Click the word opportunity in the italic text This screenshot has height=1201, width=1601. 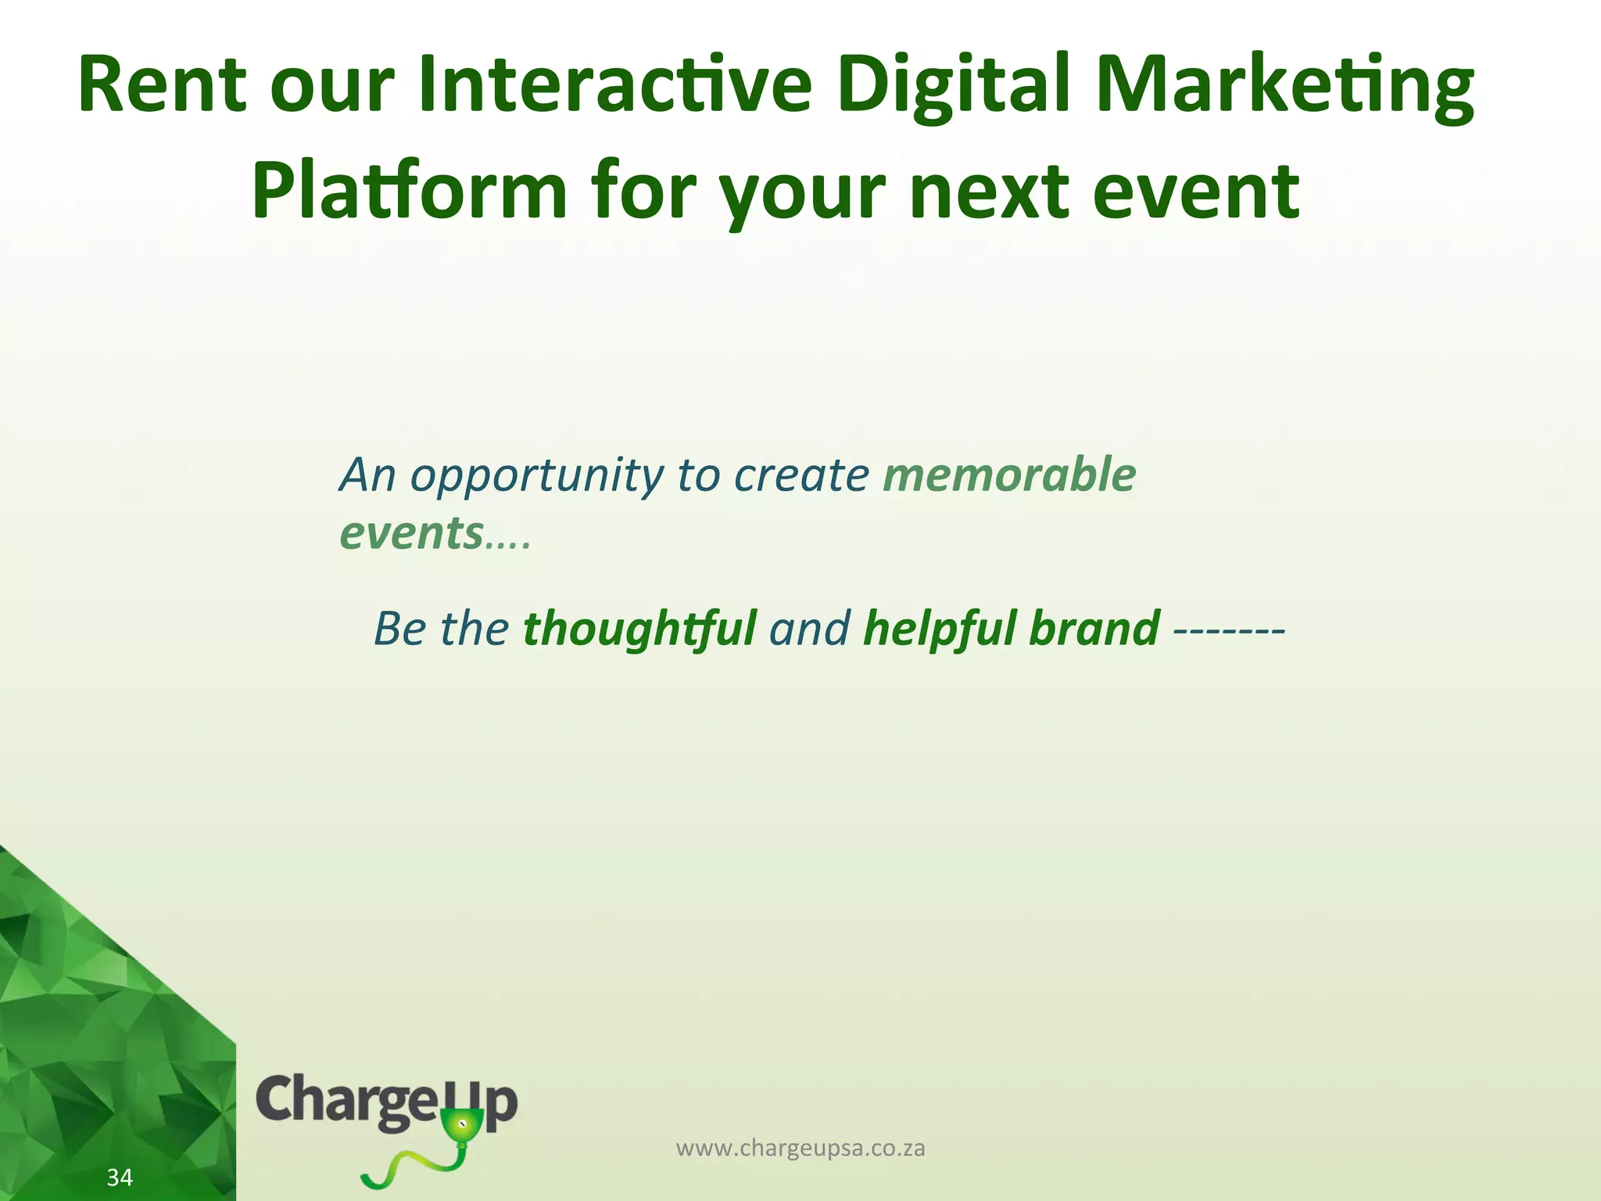[x=536, y=476]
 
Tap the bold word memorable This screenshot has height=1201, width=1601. [x=1008, y=475]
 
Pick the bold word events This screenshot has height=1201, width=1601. [x=411, y=534]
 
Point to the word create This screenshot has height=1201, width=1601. [x=800, y=476]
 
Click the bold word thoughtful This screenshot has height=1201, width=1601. [x=639, y=629]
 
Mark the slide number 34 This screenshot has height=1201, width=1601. [x=120, y=1177]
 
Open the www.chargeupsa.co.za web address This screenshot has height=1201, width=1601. [x=800, y=1148]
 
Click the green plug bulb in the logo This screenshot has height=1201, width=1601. [x=461, y=1126]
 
